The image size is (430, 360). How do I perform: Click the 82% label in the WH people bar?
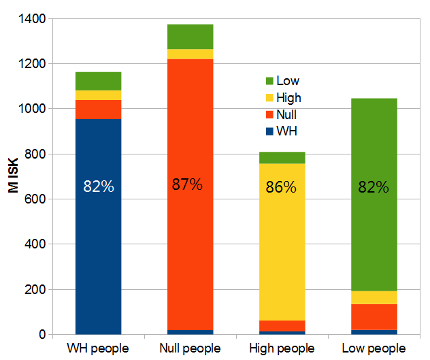pyautogui.click(x=98, y=186)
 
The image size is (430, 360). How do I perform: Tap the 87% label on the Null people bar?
pyautogui.click(x=186, y=184)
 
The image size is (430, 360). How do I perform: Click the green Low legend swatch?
pyautogui.click(x=269, y=82)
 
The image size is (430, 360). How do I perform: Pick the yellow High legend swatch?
pyautogui.click(x=269, y=98)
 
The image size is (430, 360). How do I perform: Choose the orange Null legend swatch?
pyautogui.click(x=269, y=114)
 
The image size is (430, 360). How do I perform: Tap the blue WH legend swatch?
pyautogui.click(x=269, y=131)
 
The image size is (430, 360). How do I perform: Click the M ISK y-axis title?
pyautogui.click(x=13, y=176)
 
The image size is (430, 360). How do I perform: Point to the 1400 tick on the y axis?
pyautogui.click(x=33, y=19)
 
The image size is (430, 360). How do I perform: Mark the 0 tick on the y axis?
pyautogui.click(x=42, y=335)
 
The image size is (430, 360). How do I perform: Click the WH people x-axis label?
pyautogui.click(x=98, y=348)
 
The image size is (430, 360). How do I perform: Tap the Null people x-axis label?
pyautogui.click(x=190, y=348)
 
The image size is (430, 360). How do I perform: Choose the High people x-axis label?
pyautogui.click(x=282, y=348)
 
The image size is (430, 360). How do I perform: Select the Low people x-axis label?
pyautogui.click(x=374, y=348)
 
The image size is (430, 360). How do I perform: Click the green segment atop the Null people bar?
pyautogui.click(x=190, y=36)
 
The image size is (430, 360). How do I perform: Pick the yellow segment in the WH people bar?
pyautogui.click(x=98, y=95)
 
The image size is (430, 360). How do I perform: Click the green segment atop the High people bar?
pyautogui.click(x=282, y=158)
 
